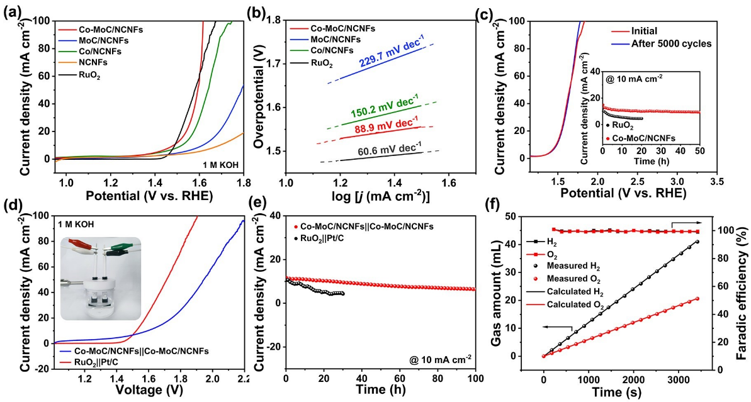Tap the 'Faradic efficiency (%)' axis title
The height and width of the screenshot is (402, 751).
tap(742, 289)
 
